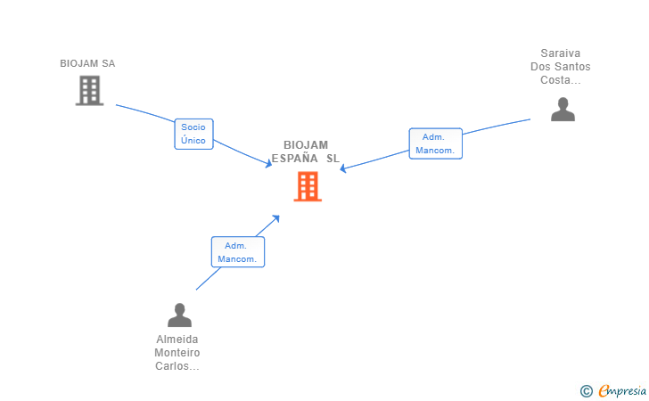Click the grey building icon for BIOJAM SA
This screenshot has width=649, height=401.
point(89,90)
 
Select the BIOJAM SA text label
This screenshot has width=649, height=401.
point(87,63)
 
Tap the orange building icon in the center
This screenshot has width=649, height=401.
point(308,186)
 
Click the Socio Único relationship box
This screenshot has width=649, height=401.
point(193,134)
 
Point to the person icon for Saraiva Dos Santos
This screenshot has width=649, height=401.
point(563,109)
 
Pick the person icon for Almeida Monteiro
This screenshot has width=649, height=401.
point(179,315)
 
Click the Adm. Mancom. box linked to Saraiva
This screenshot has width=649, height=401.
point(435,143)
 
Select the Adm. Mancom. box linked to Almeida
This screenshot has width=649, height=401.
point(237,252)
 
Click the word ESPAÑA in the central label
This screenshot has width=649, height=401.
point(295,159)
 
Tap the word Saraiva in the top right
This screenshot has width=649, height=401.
point(560,53)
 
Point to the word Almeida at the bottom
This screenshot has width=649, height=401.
point(177,339)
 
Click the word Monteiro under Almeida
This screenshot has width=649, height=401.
point(177,352)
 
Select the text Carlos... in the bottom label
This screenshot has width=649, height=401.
point(177,365)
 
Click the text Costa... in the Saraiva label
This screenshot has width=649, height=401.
point(560,80)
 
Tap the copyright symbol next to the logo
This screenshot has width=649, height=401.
point(586,390)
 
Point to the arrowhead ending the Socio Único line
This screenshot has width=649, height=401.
point(268,164)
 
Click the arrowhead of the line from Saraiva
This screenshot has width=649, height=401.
point(342,168)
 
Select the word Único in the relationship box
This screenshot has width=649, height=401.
point(193,140)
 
